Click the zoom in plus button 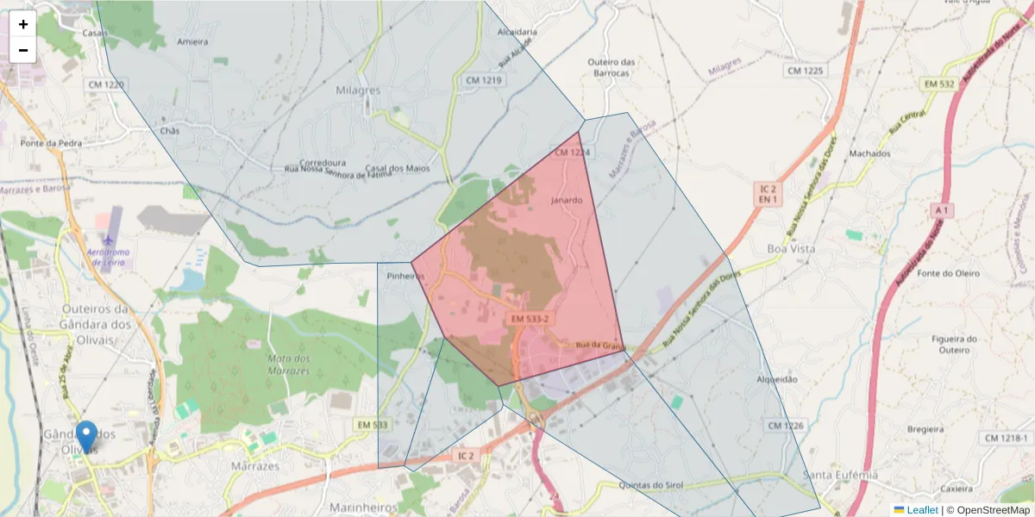tap(23, 24)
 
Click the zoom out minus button tap(23, 50)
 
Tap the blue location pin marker tap(86, 435)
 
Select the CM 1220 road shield tap(105, 84)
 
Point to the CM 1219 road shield tap(483, 80)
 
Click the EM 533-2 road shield tap(530, 319)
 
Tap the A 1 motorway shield tap(941, 210)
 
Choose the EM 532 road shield tap(939, 84)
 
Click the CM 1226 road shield tap(785, 426)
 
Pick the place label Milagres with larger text tap(357, 90)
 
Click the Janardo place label tap(567, 201)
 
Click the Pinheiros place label tap(406, 277)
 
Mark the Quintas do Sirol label tap(651, 486)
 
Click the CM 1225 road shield tap(805, 70)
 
